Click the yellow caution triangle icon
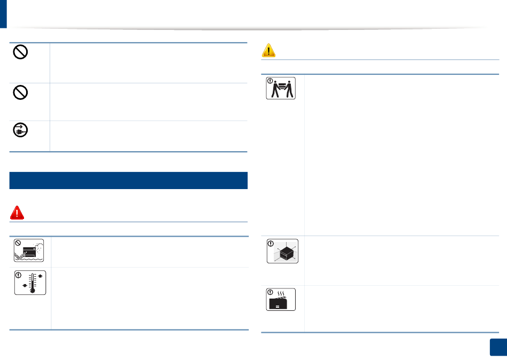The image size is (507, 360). click(x=269, y=50)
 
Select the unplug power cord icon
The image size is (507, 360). click(x=20, y=131)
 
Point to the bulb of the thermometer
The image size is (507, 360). click(x=32, y=291)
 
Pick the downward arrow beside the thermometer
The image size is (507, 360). click(x=24, y=285)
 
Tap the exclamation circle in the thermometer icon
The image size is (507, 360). click(x=18, y=276)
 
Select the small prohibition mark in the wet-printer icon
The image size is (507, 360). click(x=18, y=243)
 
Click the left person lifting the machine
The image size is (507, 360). click(x=275, y=90)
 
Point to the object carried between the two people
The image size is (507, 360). click(x=282, y=85)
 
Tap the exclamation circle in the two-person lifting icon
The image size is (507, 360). click(x=270, y=82)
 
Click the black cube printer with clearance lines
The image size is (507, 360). click(x=283, y=252)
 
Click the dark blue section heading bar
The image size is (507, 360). click(x=129, y=181)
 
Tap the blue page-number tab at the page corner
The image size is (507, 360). click(x=497, y=348)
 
